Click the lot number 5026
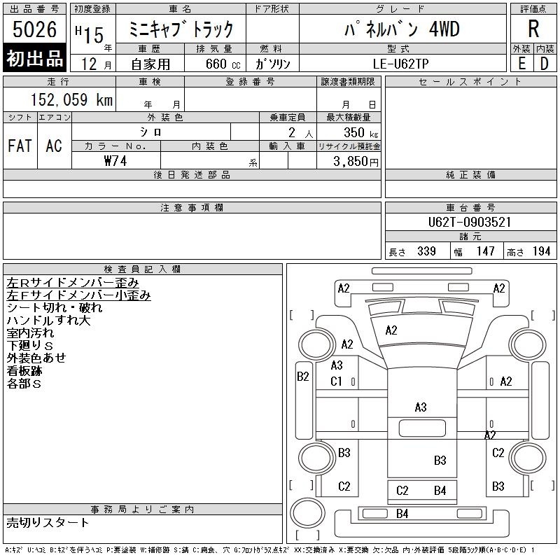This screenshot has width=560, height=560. point(34,29)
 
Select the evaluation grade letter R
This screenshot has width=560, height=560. point(533,29)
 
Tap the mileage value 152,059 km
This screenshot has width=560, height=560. point(71,99)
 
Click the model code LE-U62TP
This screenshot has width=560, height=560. point(400,64)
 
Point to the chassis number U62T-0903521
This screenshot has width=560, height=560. point(470,222)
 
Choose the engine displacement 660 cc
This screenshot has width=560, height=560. point(223,64)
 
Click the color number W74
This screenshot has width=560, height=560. point(115,161)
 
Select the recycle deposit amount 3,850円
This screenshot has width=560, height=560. point(356,162)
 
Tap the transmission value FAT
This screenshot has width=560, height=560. point(20,146)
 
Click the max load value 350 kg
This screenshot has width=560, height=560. point(360,132)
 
